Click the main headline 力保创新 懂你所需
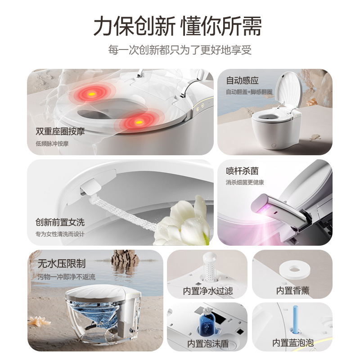click(x=177, y=26)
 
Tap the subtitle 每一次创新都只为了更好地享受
click(x=180, y=50)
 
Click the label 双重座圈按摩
click(x=60, y=131)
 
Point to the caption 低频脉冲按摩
click(x=52, y=144)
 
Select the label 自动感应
click(x=242, y=81)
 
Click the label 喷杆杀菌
click(x=242, y=171)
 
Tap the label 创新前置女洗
click(x=60, y=222)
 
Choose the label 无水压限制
click(x=62, y=263)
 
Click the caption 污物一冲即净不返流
click(x=66, y=277)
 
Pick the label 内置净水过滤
click(x=208, y=291)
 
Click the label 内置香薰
click(x=293, y=290)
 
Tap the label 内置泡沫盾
click(x=208, y=343)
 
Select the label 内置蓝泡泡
click(x=293, y=343)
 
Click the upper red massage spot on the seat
click(x=92, y=94)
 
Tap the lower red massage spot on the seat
click(x=139, y=122)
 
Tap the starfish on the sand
click(x=39, y=320)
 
